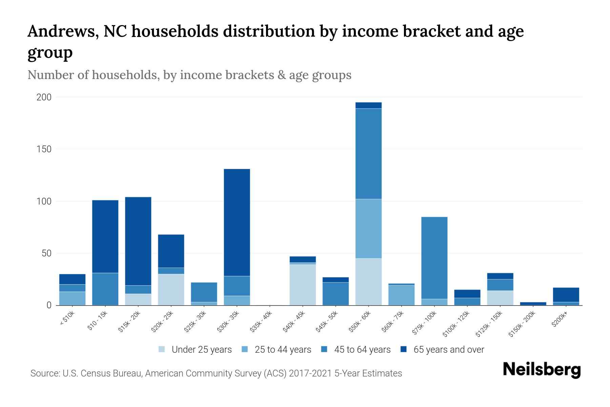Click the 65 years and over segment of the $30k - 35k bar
click(x=237, y=222)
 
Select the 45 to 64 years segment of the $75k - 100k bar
click(x=434, y=258)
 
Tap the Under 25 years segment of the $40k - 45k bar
click(x=303, y=285)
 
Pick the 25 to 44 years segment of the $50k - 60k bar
click(x=368, y=229)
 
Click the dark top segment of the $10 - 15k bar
click(x=105, y=236)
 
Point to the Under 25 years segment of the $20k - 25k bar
click(x=171, y=289)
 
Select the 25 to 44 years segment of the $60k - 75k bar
click(x=401, y=295)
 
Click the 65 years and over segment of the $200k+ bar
click(x=566, y=294)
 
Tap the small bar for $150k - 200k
click(x=533, y=304)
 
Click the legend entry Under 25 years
click(x=201, y=350)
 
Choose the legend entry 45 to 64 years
click(x=362, y=350)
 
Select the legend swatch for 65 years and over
click(x=403, y=349)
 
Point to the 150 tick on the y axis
click(x=44, y=149)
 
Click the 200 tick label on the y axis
click(x=44, y=97)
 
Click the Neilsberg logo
click(x=542, y=370)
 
